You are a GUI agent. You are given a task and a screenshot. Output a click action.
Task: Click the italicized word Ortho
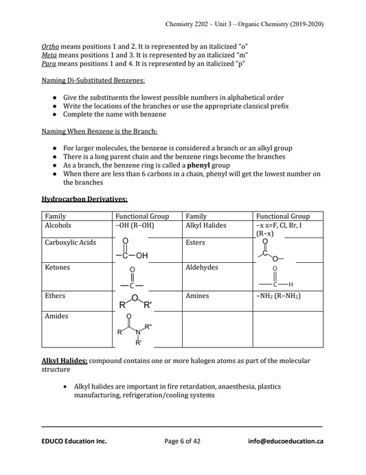pyautogui.click(x=50, y=45)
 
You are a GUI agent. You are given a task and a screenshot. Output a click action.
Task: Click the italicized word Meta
pyautogui.click(x=49, y=54)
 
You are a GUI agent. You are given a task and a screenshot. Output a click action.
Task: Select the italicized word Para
pyautogui.click(x=49, y=63)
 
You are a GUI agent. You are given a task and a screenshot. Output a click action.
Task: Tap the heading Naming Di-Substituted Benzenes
pyautogui.click(x=93, y=80)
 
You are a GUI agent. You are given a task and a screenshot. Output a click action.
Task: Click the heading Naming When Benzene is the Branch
pyautogui.click(x=99, y=130)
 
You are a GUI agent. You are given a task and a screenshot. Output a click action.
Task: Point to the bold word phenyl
pyautogui.click(x=189, y=165)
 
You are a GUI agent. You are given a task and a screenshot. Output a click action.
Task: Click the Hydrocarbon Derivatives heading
pyautogui.click(x=84, y=199)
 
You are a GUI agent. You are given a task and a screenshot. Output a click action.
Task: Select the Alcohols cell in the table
pyautogui.click(x=58, y=225)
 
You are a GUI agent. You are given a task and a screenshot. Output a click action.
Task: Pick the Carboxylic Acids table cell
pyautogui.click(x=70, y=243)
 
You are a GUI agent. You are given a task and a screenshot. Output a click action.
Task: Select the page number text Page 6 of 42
pyautogui.click(x=183, y=441)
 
